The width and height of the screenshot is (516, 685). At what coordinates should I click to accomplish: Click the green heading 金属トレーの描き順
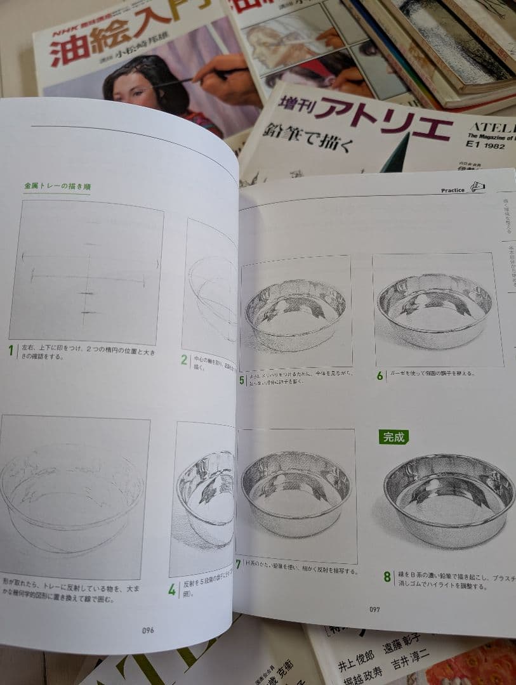click(57, 187)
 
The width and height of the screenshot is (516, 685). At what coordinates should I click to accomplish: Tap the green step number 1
click(11, 350)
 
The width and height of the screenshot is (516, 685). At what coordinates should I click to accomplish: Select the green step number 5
click(242, 381)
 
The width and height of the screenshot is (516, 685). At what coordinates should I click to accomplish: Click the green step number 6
click(380, 375)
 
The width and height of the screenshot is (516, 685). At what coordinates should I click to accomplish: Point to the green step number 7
click(238, 564)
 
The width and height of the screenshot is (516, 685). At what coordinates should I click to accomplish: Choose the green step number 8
click(387, 577)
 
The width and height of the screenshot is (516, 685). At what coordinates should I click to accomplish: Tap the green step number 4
click(172, 589)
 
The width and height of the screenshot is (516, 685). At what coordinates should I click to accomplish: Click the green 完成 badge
click(394, 437)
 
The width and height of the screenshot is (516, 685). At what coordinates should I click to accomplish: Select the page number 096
click(148, 630)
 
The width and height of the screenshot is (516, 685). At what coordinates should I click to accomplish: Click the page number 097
click(375, 610)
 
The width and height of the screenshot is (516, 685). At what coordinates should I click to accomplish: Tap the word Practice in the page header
click(453, 190)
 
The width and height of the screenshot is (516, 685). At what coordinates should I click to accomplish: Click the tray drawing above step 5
click(295, 312)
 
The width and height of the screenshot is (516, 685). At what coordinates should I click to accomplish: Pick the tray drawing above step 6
click(435, 309)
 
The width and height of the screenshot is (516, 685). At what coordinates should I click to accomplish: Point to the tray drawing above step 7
click(295, 493)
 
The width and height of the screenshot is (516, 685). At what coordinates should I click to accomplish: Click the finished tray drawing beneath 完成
click(449, 498)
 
